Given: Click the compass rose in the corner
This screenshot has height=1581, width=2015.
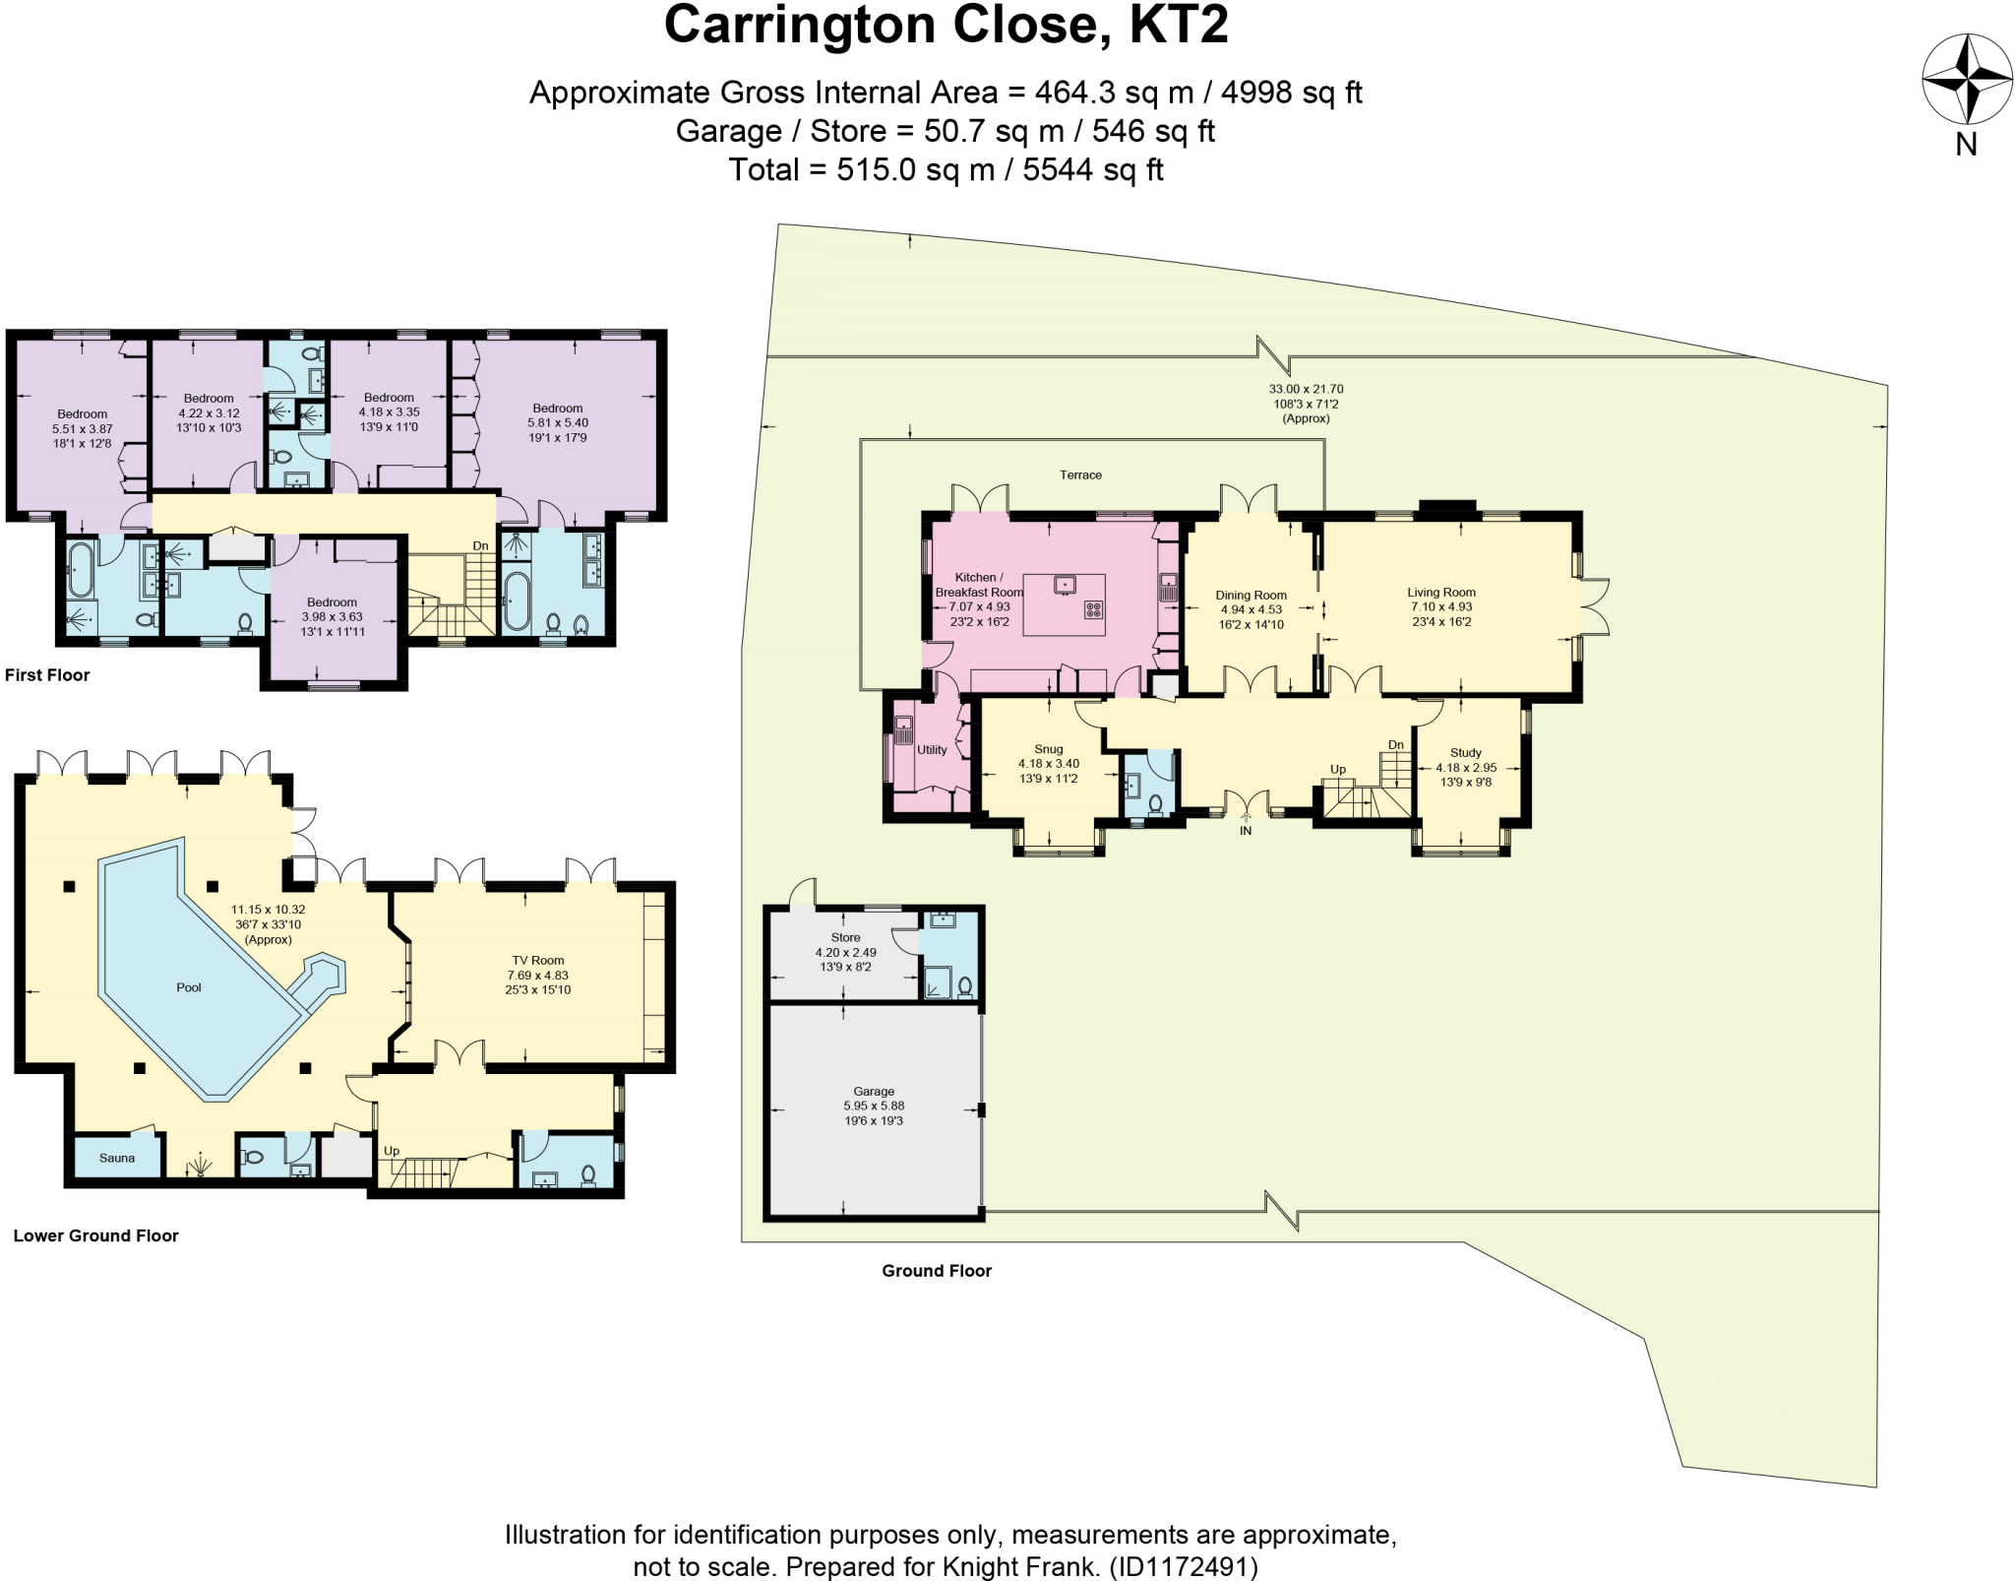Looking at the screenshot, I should pos(1966,79).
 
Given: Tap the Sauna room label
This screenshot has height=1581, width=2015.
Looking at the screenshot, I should pos(117,1158).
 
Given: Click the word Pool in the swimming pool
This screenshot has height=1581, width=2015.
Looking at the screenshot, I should pos(189,987).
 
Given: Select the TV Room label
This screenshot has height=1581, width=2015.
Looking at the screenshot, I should pos(538,961).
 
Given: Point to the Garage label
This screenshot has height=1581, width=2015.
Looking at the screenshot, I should pos(874,1091).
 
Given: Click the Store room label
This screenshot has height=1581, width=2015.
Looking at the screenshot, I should pos(845,938).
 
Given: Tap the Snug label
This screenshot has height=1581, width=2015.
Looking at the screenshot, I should pos(1049,749).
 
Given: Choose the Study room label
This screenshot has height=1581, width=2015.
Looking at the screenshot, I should pos(1465,753).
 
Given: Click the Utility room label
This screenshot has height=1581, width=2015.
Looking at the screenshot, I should pos(932,750).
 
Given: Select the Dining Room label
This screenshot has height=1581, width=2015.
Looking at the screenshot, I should pos(1251,595).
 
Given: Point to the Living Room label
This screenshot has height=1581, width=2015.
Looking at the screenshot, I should pos(1441,593).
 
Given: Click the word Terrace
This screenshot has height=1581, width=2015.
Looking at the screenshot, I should pos(1080,475).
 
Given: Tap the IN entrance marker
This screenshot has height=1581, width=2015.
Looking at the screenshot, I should pos(1246,831).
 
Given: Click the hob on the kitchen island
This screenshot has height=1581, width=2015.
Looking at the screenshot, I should pos(1093,609).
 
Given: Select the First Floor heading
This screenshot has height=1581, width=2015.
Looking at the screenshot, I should pos(47,675).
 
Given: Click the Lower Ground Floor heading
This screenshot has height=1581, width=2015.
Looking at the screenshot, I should pos(96,1235).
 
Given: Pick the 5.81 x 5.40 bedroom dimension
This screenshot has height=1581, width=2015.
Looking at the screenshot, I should pos(558,423).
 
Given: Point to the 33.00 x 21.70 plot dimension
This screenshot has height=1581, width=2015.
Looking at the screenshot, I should pos(1306,390).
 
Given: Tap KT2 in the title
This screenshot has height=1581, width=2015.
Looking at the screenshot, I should pos(1179,26).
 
